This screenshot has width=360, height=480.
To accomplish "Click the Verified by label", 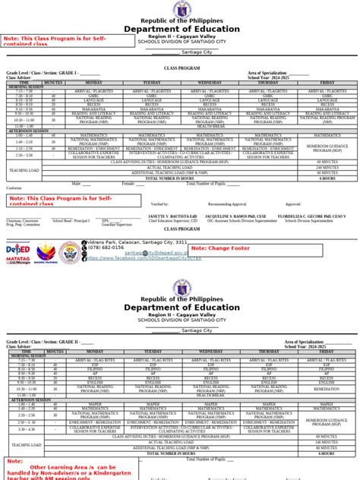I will (x=159, y=204).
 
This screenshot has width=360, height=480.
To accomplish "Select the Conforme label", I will (x=14, y=188).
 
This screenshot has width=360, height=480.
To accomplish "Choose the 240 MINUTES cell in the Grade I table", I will (x=327, y=167).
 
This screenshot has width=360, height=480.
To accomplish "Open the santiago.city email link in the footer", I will (x=153, y=252).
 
